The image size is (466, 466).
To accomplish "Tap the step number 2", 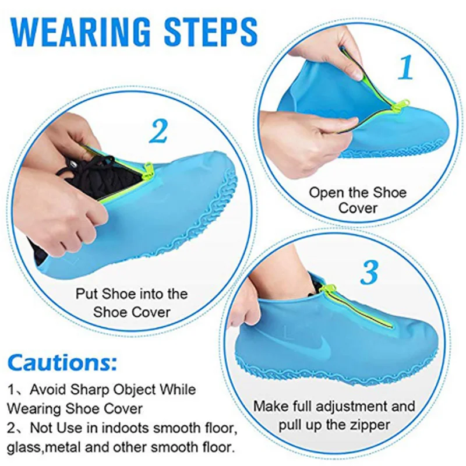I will pos(158,132).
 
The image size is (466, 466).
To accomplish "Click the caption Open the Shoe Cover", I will pos(358,200).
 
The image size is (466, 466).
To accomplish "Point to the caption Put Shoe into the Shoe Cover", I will pos(132,302).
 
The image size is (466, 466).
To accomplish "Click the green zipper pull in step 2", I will pos(147,170).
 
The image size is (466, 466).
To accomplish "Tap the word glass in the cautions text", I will pos(24,449).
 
